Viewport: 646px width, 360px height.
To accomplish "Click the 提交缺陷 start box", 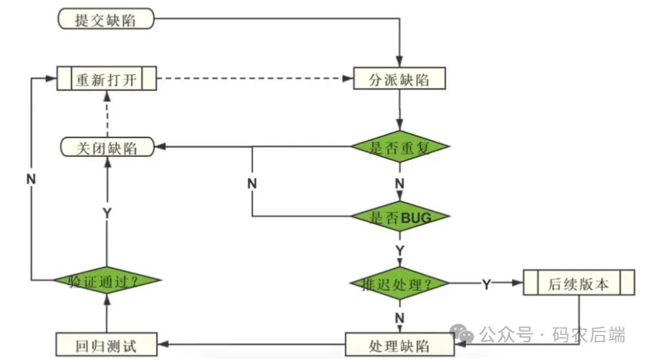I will [x=105, y=20].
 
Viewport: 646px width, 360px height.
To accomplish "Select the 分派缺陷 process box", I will [x=399, y=79].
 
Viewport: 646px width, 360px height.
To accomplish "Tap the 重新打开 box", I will [x=106, y=79].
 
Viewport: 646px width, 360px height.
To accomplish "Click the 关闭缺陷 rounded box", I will [x=106, y=148].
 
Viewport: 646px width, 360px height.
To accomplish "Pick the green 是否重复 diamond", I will [x=399, y=148].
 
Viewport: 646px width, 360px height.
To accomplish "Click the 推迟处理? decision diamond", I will [x=399, y=284].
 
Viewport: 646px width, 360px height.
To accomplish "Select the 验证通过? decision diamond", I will [x=106, y=280].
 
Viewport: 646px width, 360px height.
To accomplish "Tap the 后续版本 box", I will [x=578, y=283].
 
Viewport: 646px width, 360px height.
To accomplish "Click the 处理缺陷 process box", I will [x=399, y=345].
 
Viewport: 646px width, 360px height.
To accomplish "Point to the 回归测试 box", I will [x=106, y=345].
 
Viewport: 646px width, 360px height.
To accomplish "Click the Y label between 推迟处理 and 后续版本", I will [x=486, y=285].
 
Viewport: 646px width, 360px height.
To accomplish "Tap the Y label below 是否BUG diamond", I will [x=399, y=249].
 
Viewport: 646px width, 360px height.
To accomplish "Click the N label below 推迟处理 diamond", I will [x=399, y=317].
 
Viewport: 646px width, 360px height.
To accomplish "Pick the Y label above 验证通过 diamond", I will [x=107, y=213].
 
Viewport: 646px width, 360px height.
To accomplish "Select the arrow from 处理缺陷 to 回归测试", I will [x=251, y=344].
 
